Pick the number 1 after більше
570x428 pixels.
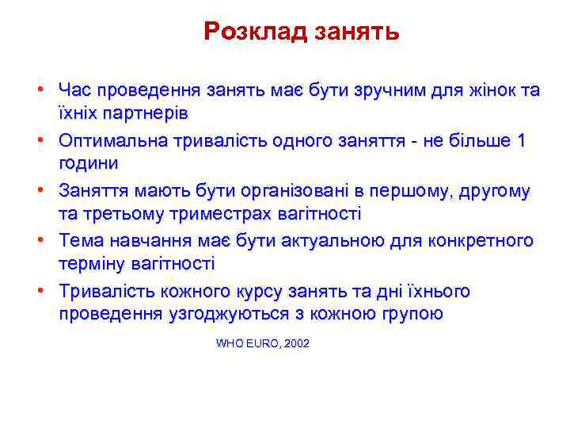tap(520, 141)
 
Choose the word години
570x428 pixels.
tap(89, 163)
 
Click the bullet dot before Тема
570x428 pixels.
tap(47, 241)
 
